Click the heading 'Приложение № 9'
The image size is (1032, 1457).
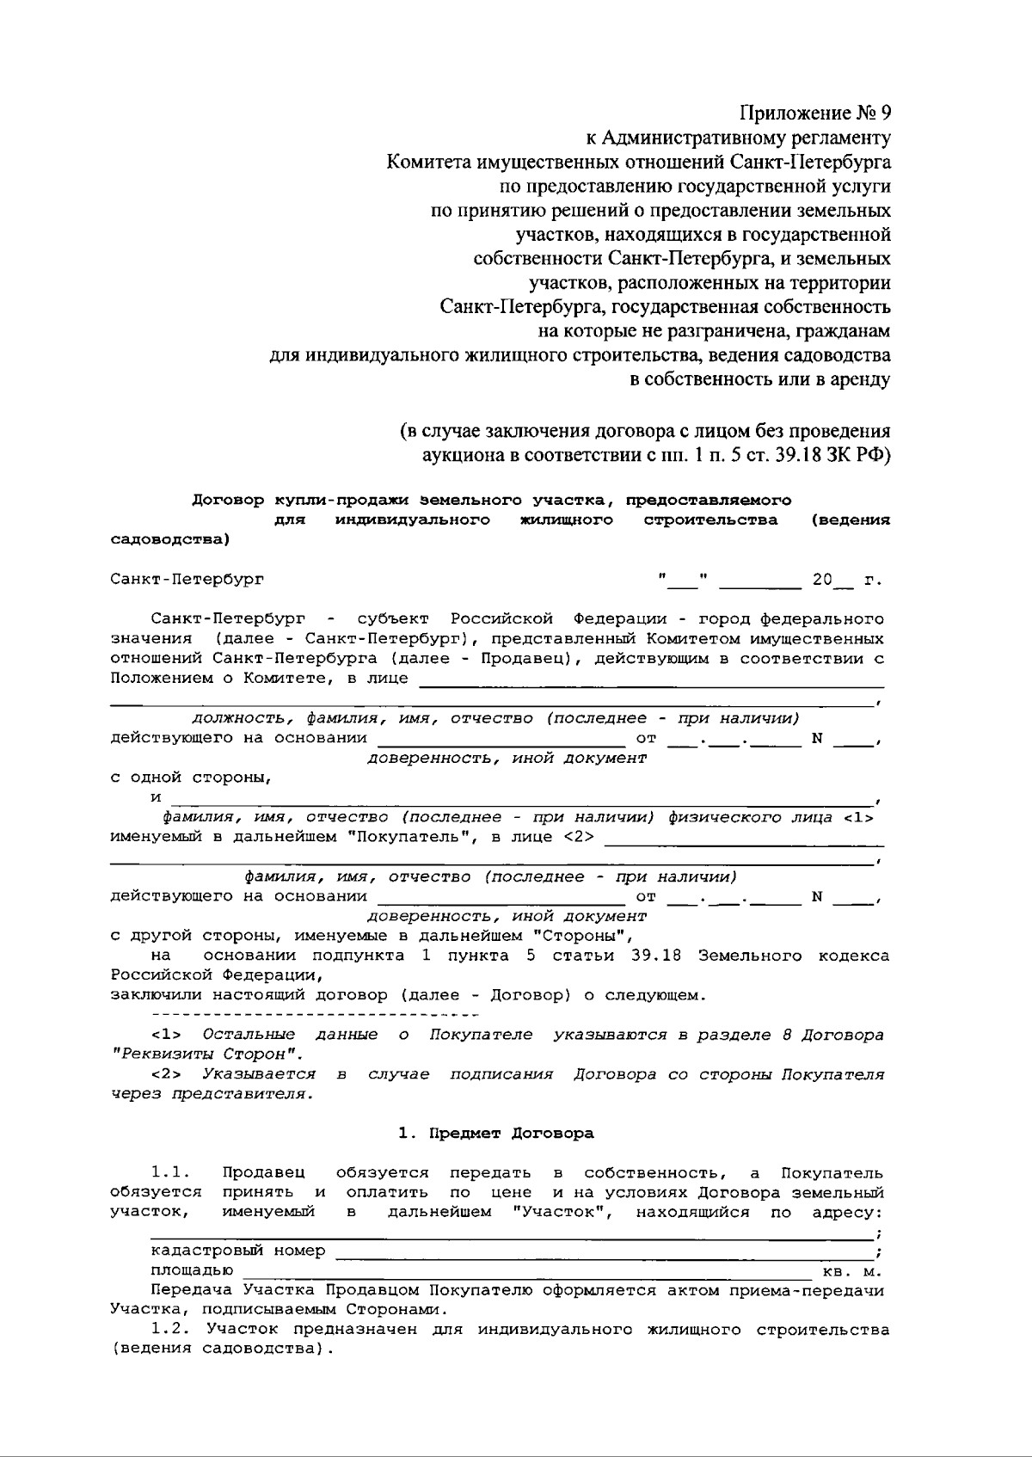coord(815,113)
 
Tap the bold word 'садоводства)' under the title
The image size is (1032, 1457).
coord(170,540)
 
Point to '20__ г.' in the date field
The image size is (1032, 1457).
coord(846,580)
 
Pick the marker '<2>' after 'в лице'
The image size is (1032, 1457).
coord(578,837)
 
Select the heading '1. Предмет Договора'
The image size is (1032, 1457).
coord(495,1133)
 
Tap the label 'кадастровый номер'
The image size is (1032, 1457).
coord(238,1251)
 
